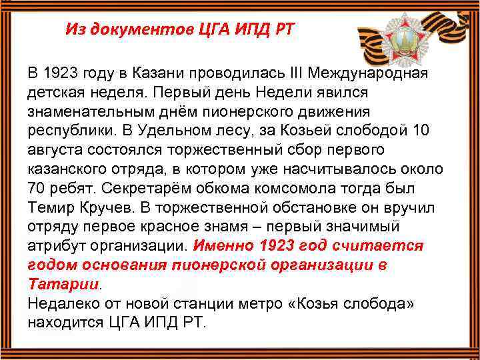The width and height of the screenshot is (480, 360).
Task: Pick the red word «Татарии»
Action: (63, 283)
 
